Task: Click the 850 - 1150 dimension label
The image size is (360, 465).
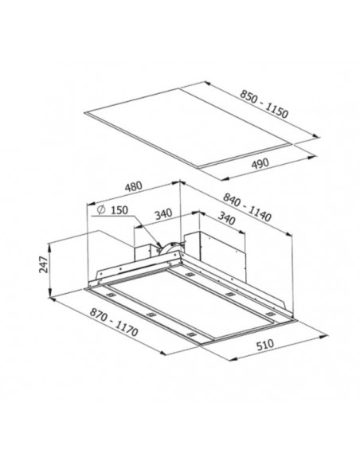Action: pos(264,104)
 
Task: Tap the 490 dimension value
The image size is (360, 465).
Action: pos(260,163)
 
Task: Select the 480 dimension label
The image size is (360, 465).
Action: pos(134,187)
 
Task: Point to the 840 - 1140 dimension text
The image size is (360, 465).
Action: pos(247,207)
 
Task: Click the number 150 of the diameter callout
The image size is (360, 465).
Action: pos(119,210)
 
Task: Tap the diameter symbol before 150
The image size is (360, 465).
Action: pos(101,209)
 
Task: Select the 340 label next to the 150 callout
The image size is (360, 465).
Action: pos(163,214)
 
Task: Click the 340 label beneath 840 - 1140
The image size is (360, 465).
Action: pos(226,218)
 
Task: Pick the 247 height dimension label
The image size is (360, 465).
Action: pos(44,264)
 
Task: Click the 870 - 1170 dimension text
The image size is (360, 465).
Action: pos(114,322)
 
